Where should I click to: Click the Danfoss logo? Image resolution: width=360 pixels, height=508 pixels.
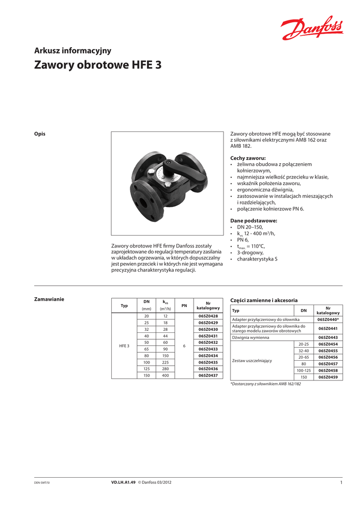pos(312,29)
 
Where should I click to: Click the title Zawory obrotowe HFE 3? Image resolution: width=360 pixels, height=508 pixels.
pos(97,65)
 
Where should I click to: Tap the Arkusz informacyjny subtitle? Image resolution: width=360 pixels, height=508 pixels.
pos(72,51)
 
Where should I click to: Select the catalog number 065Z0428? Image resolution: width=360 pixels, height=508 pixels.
pos(208,316)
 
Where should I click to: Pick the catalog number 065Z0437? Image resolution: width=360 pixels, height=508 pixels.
pos(208,376)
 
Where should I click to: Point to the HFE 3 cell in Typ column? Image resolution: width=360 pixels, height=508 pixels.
pos(124,346)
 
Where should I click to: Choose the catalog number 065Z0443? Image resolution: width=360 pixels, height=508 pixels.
pos(328,337)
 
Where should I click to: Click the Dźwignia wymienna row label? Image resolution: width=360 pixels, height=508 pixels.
pos(251,337)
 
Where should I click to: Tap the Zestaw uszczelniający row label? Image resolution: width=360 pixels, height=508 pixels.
pos(252,361)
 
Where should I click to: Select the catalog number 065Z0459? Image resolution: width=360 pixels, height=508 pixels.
pos(328,377)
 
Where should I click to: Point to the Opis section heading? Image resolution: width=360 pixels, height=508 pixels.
pos(39,134)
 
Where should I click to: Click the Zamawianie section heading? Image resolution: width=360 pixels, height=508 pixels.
pos(49,299)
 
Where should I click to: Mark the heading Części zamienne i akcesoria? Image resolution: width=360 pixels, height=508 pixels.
pos(264,300)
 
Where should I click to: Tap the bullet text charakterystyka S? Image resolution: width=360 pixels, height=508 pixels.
pos(257,259)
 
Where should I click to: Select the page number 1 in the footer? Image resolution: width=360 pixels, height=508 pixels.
pos(341,483)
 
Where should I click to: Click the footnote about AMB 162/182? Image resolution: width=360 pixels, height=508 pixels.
pos(266,384)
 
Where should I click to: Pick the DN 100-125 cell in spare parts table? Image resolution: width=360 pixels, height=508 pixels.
pos(303,371)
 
